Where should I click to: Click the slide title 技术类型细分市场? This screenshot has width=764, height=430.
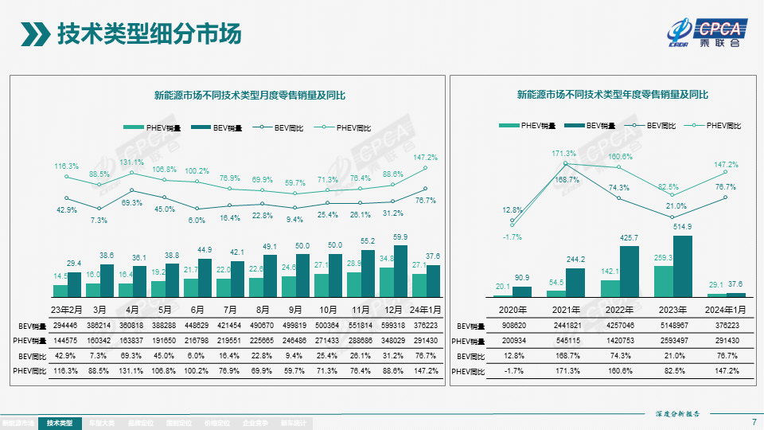(150, 34)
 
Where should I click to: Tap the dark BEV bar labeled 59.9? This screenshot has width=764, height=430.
(400, 271)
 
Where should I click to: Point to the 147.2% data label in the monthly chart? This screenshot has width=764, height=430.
(426, 158)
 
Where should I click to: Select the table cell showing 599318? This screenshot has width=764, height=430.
(392, 326)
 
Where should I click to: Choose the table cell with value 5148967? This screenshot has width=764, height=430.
(674, 326)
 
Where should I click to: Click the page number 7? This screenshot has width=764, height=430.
(753, 421)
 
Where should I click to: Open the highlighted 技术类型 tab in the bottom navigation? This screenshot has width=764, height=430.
(60, 423)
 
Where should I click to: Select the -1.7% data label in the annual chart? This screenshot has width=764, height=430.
(513, 236)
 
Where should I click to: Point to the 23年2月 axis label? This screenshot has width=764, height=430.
(67, 310)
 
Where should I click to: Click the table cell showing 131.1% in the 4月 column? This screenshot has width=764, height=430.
(132, 371)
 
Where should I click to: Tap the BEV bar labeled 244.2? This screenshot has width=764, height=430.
(575, 282)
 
